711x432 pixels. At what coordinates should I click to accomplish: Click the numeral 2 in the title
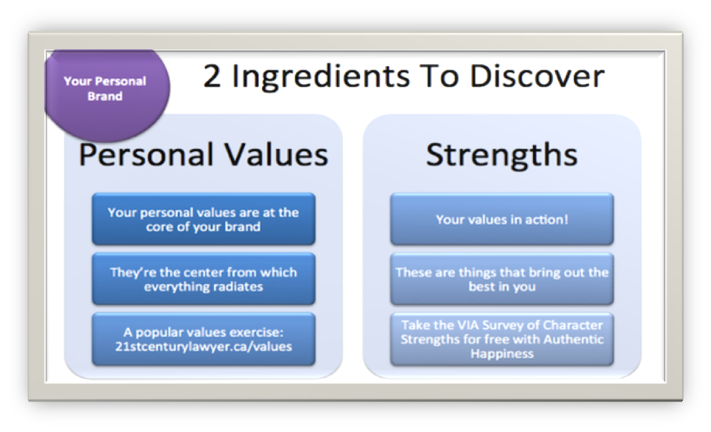(x=212, y=76)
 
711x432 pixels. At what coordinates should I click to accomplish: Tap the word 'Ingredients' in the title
(x=321, y=77)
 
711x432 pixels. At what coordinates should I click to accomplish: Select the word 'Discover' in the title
(x=537, y=76)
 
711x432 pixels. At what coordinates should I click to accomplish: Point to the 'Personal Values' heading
(x=203, y=155)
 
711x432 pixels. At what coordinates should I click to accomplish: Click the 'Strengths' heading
(x=502, y=156)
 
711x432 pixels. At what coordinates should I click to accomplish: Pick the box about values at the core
(x=203, y=219)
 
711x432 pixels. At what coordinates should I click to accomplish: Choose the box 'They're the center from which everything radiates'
(x=203, y=279)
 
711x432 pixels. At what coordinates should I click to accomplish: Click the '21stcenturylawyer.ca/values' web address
(x=203, y=347)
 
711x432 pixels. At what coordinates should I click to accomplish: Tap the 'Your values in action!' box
(x=502, y=219)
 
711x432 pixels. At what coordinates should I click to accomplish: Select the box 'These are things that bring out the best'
(x=502, y=279)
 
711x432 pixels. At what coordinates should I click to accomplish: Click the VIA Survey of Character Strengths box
(x=502, y=339)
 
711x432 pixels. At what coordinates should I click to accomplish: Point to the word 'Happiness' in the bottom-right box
(x=502, y=354)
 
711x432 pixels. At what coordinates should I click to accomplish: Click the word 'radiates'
(x=237, y=287)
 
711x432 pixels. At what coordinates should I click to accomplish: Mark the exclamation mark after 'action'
(x=566, y=220)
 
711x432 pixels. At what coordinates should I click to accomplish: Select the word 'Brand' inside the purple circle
(x=105, y=96)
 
